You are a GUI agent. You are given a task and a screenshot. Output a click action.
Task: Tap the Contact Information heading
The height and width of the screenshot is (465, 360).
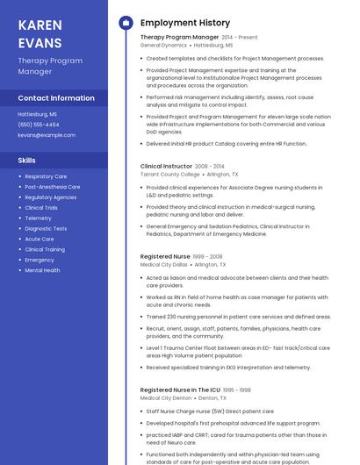[x=56, y=97]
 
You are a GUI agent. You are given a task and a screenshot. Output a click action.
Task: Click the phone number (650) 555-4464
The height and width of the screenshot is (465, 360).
[x=39, y=125]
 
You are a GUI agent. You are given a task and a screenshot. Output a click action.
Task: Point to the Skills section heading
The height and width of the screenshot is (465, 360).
[x=27, y=161]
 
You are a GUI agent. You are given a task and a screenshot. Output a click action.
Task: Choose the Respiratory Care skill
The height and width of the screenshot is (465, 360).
[x=46, y=176]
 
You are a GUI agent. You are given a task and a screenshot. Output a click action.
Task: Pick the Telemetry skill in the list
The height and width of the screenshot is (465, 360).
[x=39, y=218]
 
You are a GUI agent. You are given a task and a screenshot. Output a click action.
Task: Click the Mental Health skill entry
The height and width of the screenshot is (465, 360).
[x=43, y=270]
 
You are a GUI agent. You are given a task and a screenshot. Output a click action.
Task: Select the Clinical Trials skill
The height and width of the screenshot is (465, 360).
[x=41, y=208]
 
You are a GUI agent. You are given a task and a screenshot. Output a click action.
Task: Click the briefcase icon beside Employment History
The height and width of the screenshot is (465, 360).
[x=125, y=23]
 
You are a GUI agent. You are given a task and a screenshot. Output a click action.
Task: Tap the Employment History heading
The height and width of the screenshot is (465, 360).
[x=185, y=23]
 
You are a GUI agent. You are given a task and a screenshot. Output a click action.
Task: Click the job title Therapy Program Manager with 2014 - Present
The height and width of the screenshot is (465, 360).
[x=179, y=38]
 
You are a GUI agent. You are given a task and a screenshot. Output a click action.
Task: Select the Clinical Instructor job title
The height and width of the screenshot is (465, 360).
[x=166, y=166]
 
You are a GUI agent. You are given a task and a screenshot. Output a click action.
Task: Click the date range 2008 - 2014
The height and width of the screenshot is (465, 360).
[x=210, y=166]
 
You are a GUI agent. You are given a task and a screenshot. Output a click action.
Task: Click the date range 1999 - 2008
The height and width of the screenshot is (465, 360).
[x=209, y=256]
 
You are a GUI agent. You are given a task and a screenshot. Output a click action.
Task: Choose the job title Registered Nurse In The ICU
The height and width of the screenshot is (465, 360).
[x=179, y=390]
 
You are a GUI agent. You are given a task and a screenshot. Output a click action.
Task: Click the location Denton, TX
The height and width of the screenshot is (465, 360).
[x=211, y=397]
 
